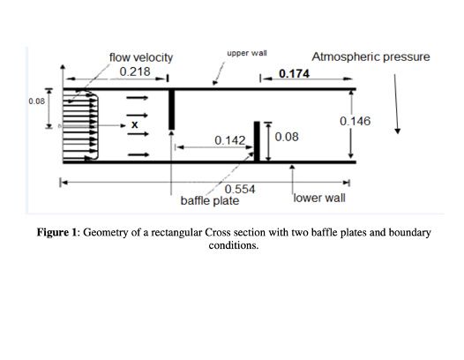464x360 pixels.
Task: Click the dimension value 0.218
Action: coord(135,71)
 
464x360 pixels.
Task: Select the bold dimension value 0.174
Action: coord(294,74)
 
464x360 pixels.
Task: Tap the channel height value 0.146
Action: coord(355,121)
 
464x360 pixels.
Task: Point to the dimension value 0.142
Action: coord(230,140)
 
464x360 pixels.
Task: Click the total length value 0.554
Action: coord(240,189)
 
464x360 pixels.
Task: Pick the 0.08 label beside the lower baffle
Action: coord(287,137)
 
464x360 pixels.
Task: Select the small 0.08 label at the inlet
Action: coord(37,101)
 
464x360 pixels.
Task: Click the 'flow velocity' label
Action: coord(141,57)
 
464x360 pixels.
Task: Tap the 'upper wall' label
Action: coord(247,53)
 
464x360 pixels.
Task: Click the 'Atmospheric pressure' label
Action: coord(370,56)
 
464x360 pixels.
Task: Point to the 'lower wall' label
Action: coord(319,198)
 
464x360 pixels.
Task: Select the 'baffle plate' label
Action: coord(210,200)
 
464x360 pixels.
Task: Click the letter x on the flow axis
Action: coord(135,125)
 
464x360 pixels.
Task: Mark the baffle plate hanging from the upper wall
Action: coord(171,109)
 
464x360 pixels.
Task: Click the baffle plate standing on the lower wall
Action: coord(257,141)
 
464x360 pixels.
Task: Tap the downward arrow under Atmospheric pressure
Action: coord(396,104)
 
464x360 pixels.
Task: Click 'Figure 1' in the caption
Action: coord(56,232)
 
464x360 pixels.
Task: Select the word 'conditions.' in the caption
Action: coord(234,245)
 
